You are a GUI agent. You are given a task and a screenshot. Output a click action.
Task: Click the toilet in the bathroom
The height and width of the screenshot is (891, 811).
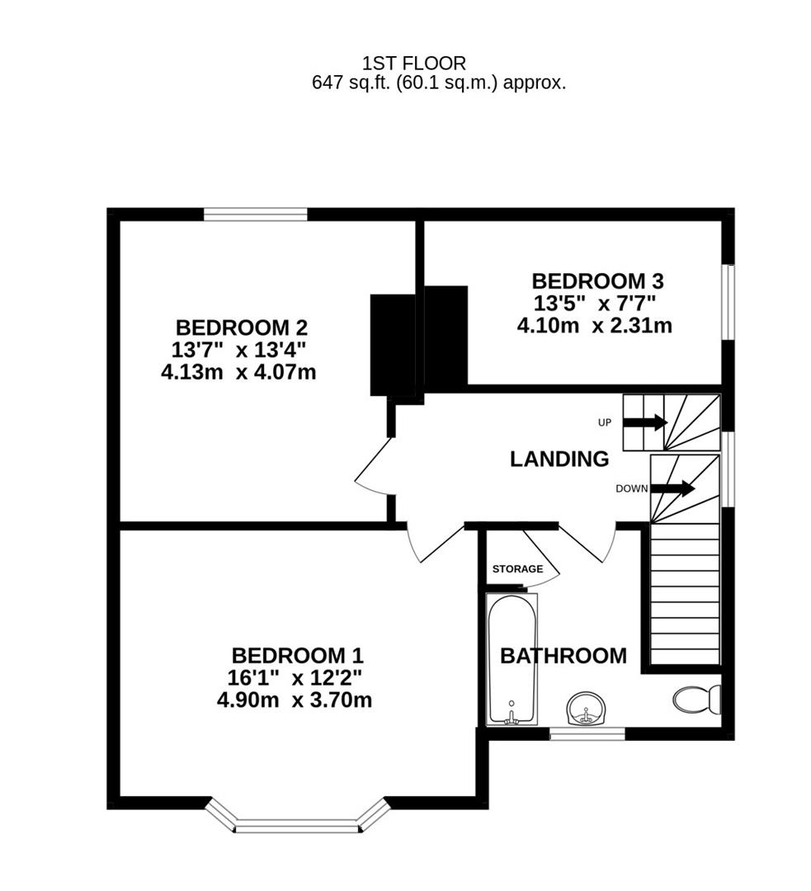pos(697,700)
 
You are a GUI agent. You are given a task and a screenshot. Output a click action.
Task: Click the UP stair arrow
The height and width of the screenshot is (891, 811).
pos(644,422)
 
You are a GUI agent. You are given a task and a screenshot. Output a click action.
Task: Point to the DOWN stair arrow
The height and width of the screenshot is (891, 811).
pos(672,488)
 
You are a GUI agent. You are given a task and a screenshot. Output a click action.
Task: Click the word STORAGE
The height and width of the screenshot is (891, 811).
pos(517,569)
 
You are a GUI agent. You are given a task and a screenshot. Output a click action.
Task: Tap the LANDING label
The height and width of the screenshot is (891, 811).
pos(559,460)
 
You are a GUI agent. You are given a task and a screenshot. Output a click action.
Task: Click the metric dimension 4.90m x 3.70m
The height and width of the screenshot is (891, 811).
pos(295,700)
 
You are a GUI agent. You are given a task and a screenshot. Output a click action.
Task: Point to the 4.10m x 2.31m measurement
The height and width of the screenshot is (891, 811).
pos(594,326)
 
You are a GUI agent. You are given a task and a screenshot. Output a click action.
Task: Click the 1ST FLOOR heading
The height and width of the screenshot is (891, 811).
pos(414,63)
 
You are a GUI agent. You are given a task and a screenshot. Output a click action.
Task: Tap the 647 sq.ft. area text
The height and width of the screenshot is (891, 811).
pos(438,82)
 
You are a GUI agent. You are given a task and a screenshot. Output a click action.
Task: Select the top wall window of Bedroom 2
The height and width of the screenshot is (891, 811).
pos(256,214)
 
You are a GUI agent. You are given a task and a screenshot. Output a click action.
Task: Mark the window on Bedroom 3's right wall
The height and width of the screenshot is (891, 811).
pos(728,301)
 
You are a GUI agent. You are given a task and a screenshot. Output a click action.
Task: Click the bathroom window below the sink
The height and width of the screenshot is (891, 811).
pos(587,733)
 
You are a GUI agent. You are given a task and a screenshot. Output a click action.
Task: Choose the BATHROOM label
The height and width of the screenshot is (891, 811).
pos(563,657)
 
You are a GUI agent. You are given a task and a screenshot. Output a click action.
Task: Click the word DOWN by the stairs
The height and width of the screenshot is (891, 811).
pos(631,488)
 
